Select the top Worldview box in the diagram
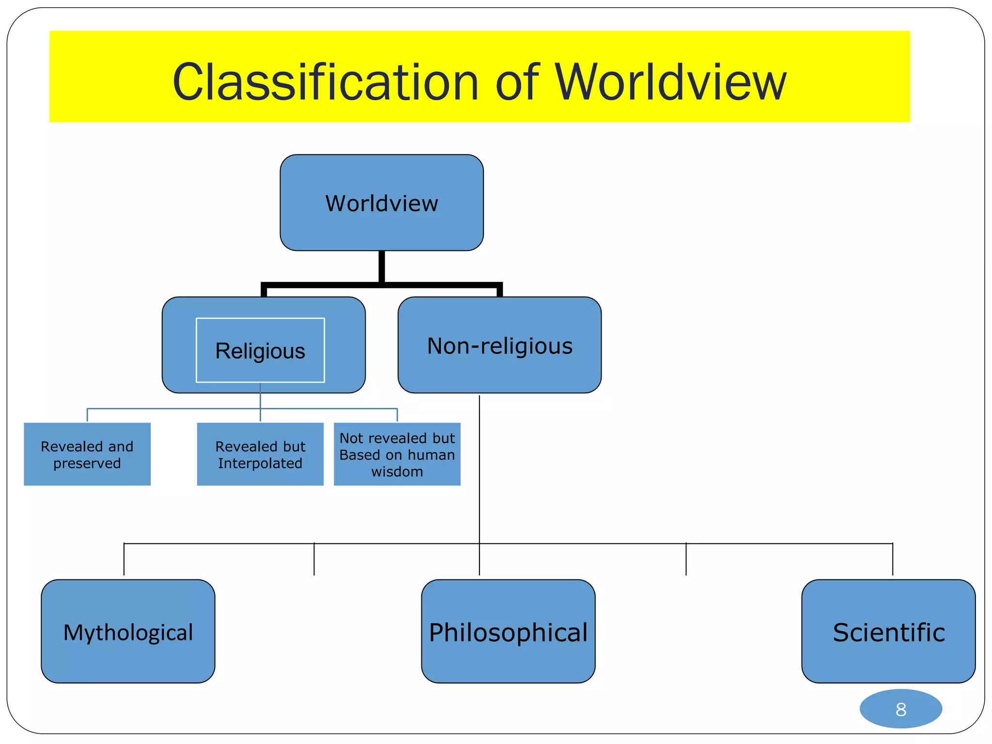pos(382,203)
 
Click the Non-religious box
pos(499,345)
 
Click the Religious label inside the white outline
pos(260,351)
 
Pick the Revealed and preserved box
pos(87,454)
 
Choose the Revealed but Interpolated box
pos(260,454)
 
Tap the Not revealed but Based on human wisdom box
pos(397,454)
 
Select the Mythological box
pos(128,632)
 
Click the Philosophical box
pos(508,632)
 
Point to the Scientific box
pos(888,632)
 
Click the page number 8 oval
pos(900,709)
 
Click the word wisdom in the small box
pos(397,472)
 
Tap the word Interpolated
pos(260,464)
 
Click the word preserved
pos(87,464)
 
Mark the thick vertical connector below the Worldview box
pos(382,266)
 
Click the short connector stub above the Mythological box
pos(124,559)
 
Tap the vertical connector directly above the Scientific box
pos(893,559)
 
